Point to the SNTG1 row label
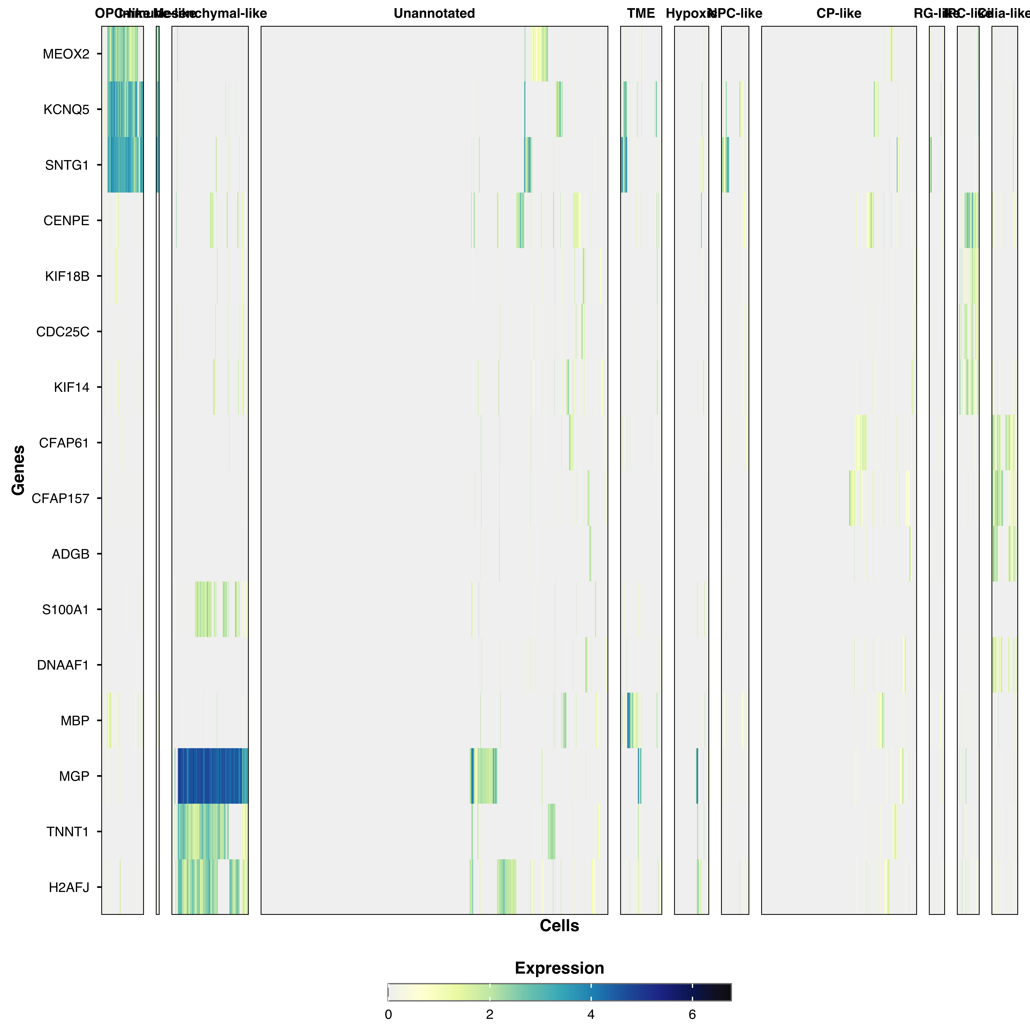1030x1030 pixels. [x=67, y=165]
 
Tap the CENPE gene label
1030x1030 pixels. [x=66, y=221]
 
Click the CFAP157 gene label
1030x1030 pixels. [x=60, y=498]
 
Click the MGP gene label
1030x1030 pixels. [x=74, y=776]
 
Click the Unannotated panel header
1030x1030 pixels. [x=434, y=13]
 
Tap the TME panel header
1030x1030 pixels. [x=641, y=13]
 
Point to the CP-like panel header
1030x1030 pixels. [x=839, y=13]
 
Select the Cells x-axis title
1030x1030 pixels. [x=559, y=926]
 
